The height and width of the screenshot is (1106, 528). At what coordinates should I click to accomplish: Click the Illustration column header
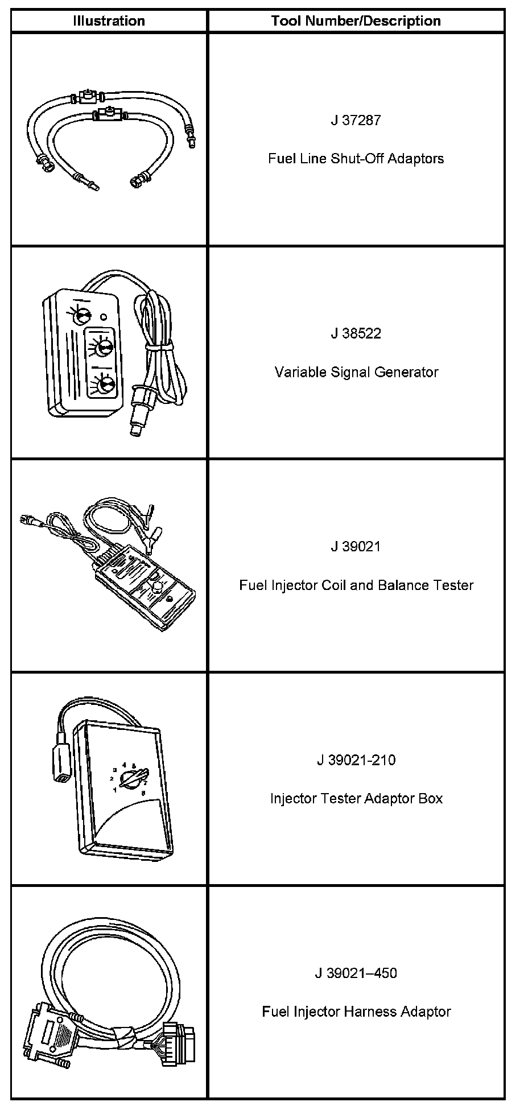coord(109,21)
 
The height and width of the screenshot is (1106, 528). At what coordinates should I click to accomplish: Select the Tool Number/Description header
coord(356,21)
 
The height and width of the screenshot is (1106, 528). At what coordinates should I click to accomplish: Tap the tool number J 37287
coord(356,120)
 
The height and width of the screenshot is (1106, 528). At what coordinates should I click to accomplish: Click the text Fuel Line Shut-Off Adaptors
coord(356,158)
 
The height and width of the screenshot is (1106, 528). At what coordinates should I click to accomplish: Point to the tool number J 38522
coord(356,333)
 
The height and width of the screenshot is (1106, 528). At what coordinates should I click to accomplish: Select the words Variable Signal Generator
coord(356,372)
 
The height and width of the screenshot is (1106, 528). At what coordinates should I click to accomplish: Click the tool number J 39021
coord(356,546)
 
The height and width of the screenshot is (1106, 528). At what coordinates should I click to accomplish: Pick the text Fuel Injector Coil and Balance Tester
coord(356,585)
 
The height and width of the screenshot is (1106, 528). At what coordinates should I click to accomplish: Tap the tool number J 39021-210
coord(356,760)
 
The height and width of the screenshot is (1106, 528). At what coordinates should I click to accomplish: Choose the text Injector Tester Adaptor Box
coord(356,798)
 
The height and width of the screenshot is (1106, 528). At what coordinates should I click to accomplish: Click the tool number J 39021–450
coord(356,973)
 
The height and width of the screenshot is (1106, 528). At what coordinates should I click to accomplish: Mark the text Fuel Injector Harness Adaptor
coord(356,1012)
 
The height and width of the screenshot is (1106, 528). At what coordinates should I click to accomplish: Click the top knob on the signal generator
coord(84,313)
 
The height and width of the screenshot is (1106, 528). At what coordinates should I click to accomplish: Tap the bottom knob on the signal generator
coord(105,386)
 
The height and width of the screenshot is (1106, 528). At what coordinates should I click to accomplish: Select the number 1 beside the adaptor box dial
coord(114,790)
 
